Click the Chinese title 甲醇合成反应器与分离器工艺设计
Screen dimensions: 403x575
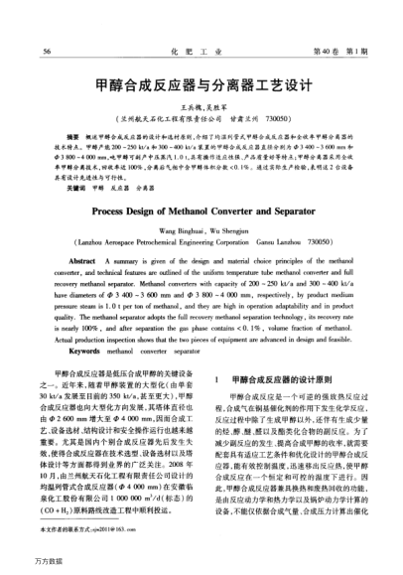202,86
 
